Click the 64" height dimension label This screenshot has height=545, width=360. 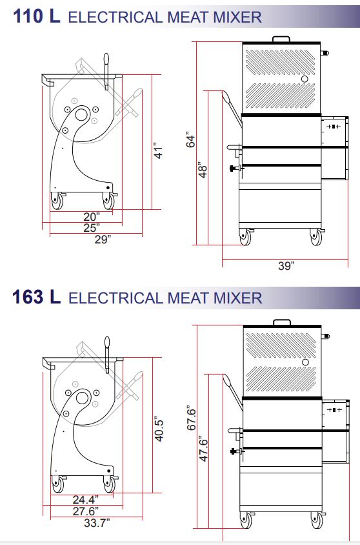[x=191, y=139]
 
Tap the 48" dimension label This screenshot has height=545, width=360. [x=203, y=170]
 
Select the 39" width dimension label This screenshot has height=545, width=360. [x=286, y=265]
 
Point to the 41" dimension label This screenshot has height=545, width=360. [x=158, y=151]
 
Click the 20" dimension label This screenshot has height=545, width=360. [x=92, y=216]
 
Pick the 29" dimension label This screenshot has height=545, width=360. [x=103, y=239]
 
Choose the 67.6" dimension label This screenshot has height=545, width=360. [x=192, y=418]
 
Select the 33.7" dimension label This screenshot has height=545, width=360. [x=97, y=522]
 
